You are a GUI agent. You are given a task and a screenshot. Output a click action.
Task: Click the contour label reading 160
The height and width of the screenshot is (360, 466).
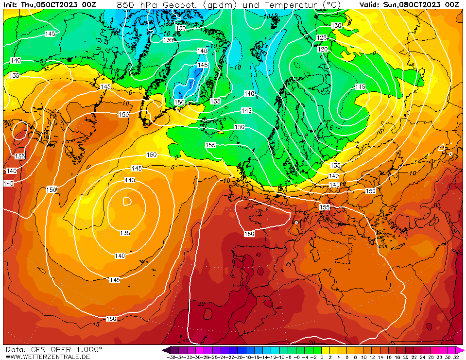(249, 234)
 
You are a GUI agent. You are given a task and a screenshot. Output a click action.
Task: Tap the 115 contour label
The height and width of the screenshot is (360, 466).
(360, 86)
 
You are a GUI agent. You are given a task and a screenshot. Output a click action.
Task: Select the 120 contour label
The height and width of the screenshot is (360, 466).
(323, 50)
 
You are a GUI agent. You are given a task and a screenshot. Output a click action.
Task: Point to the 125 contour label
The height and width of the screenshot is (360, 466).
(322, 37)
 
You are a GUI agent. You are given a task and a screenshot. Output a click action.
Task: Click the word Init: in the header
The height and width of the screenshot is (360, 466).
(12, 5)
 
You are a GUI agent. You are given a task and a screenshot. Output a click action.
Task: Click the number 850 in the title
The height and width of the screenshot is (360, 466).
(124, 5)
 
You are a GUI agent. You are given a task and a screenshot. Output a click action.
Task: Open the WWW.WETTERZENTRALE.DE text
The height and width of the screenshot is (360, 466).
(48, 357)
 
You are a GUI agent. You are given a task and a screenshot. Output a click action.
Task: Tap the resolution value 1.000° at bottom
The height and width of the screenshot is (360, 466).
(89, 349)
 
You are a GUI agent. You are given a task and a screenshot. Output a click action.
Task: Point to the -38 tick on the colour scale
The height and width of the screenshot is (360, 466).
(171, 357)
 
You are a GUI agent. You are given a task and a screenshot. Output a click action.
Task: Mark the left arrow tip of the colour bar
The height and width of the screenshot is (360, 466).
(164, 350)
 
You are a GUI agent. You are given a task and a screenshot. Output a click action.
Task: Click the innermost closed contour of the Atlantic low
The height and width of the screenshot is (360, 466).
(127, 200)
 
